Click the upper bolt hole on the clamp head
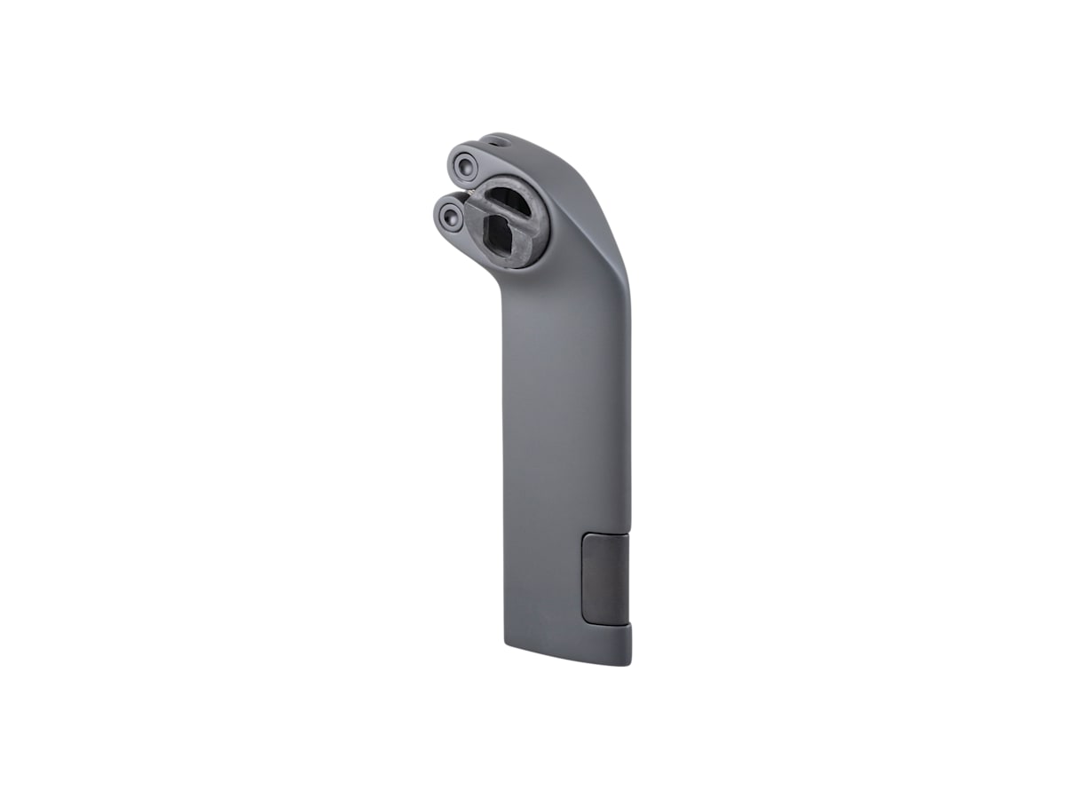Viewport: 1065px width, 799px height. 462,164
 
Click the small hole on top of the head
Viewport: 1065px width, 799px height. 502,140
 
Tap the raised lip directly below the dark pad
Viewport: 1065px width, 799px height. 612,629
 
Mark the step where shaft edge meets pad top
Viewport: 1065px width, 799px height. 629,534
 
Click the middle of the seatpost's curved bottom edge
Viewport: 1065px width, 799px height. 568,656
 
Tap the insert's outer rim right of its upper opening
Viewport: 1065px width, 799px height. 541,204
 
